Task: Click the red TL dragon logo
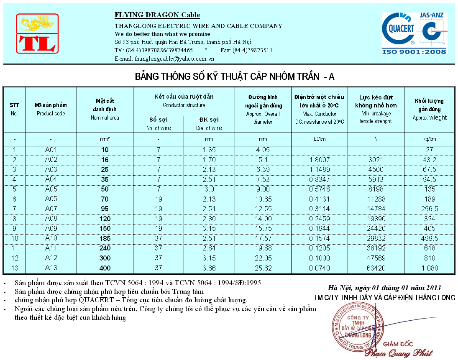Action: coord(37,34)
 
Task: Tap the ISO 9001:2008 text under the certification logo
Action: coord(414,51)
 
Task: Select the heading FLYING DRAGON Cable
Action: coord(157,15)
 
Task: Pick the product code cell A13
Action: coord(51,268)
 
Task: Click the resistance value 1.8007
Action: coord(319,160)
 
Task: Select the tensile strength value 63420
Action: coord(376,268)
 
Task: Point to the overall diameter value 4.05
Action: coord(263,150)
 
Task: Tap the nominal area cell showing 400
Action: coord(105,268)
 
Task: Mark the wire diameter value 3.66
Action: coord(209,268)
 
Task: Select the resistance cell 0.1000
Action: coord(319,258)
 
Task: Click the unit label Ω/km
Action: coord(319,139)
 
